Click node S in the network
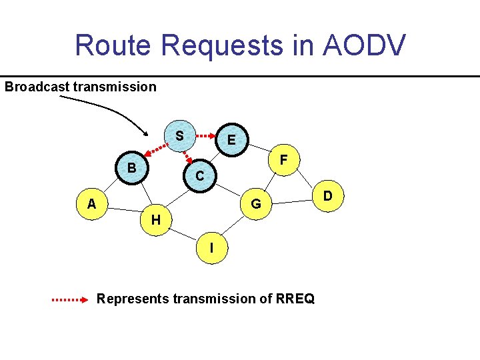(180, 135)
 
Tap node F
(284, 161)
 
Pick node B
(132, 168)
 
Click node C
(199, 176)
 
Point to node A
(91, 203)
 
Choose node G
(255, 203)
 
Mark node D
(327, 196)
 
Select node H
(155, 219)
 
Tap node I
(211, 248)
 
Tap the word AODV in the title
(364, 45)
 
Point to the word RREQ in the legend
(293, 299)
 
